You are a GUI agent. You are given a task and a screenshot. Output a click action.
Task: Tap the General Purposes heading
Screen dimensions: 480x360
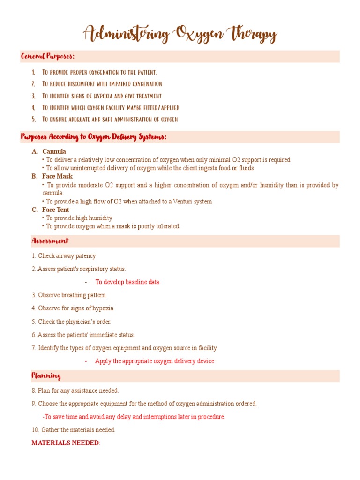tap(47, 57)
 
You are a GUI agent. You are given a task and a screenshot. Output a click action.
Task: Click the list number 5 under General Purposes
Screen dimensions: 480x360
tap(33, 120)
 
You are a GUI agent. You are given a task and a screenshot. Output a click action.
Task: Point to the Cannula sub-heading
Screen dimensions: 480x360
tap(54, 151)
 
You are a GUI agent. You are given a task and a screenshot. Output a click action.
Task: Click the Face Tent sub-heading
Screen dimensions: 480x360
tap(55, 210)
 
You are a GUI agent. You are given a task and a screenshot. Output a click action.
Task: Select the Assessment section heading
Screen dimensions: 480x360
tap(50, 241)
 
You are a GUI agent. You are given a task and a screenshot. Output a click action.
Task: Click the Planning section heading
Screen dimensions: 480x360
tap(46, 376)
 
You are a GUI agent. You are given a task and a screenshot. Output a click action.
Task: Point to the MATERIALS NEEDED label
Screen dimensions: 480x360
tap(65, 443)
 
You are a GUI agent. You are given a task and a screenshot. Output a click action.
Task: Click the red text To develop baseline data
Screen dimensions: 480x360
tap(127, 282)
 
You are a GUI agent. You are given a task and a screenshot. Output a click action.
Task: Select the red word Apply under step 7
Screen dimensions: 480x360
tap(103, 361)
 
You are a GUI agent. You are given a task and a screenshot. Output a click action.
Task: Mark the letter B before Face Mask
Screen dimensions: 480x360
tap(34, 176)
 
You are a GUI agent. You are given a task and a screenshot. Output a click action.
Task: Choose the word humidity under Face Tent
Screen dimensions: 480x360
tap(102, 218)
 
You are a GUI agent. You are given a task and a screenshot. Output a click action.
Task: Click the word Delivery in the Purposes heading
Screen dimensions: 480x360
tap(121, 137)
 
